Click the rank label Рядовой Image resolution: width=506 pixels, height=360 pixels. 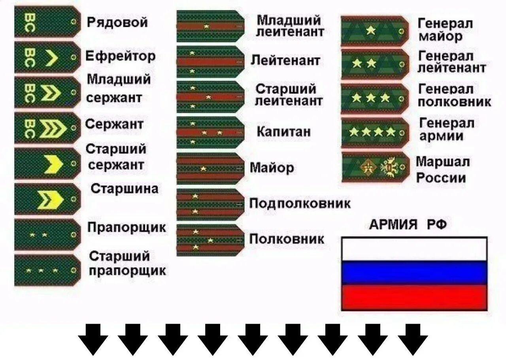[117, 22]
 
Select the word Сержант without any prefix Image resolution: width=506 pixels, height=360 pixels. [114, 125]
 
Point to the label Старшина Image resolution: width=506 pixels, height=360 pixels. [125, 189]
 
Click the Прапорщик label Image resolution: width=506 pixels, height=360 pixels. [127, 228]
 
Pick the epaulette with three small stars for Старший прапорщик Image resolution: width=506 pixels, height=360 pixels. [47, 271]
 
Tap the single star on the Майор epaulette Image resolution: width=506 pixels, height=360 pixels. [203, 169]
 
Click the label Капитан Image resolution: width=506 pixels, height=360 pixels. [283, 132]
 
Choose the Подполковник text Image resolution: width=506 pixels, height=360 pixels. [300, 204]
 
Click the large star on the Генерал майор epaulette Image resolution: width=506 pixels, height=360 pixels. [370, 30]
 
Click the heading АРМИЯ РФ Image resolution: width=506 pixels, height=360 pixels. [408, 225]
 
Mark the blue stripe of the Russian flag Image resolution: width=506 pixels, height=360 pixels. [414, 273]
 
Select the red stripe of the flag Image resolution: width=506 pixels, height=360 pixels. [414, 297]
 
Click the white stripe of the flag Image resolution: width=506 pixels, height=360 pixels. [414, 249]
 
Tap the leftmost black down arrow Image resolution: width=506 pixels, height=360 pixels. [93, 339]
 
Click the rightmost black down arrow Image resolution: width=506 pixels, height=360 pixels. [413, 339]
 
